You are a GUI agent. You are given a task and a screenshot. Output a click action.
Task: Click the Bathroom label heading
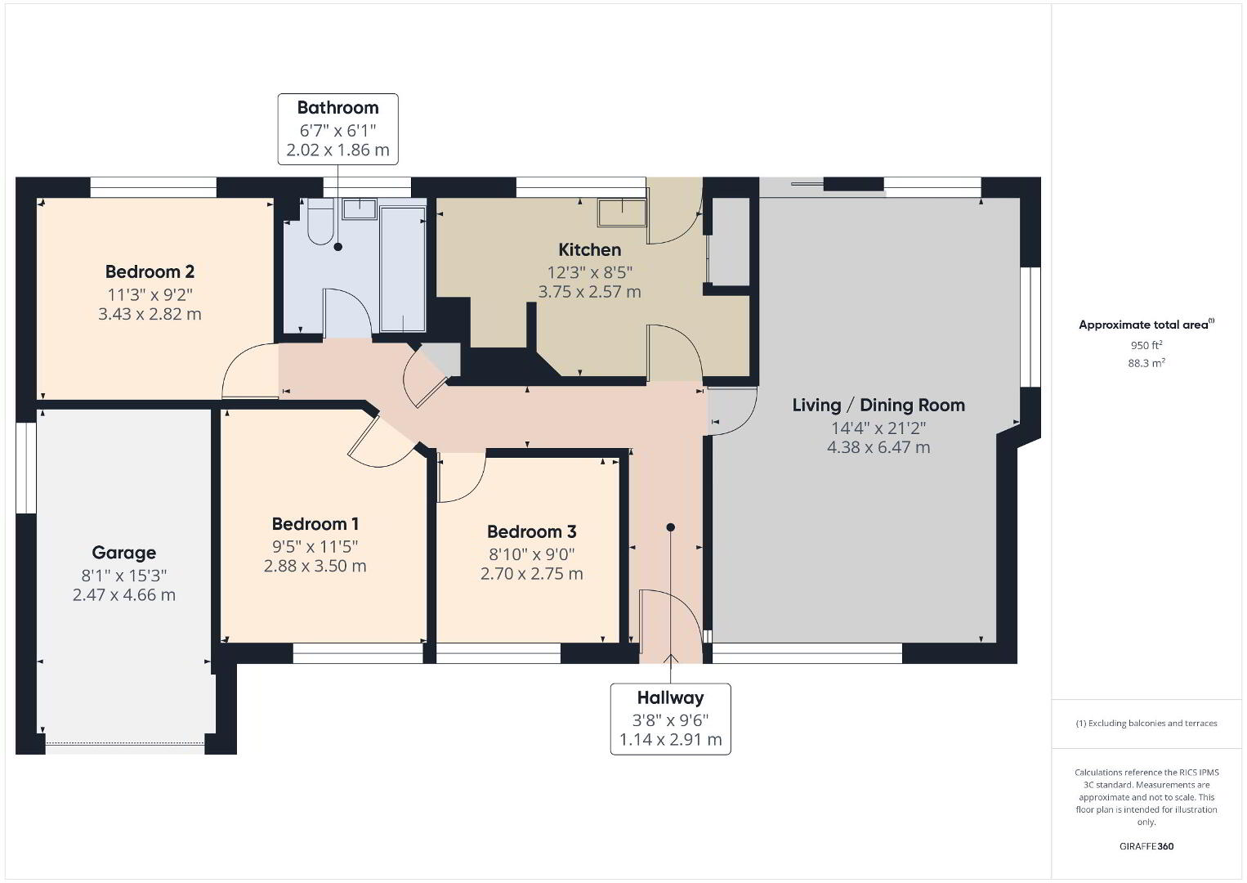338,108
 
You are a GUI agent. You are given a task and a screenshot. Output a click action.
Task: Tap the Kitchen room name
589,249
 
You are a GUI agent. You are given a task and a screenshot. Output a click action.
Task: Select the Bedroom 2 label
150,272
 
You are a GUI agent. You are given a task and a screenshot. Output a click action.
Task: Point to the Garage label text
123,553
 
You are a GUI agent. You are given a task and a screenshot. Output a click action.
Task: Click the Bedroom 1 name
315,524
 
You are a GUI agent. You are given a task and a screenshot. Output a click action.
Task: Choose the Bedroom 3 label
532,531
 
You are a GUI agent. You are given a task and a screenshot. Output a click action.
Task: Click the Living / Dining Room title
878,405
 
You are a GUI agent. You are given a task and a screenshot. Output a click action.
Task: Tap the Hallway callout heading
670,697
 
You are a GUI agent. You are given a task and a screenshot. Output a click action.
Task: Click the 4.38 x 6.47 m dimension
878,447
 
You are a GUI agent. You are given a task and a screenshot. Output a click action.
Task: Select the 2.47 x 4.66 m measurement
123,595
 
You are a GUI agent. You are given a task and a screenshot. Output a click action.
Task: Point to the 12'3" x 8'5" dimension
589,272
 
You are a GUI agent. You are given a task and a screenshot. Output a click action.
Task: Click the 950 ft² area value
1146,345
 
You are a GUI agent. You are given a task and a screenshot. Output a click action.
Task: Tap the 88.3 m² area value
1146,363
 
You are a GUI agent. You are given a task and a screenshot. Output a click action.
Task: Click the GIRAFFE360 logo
1146,846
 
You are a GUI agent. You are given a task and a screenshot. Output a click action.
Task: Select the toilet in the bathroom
320,222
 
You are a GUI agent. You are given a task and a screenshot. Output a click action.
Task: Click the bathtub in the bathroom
403,269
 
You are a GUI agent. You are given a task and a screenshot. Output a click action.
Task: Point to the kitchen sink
622,213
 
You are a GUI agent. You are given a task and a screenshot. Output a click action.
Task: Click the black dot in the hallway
670,527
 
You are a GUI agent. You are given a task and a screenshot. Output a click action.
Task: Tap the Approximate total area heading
1146,325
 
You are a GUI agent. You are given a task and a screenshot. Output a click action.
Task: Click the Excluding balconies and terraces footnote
1146,723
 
